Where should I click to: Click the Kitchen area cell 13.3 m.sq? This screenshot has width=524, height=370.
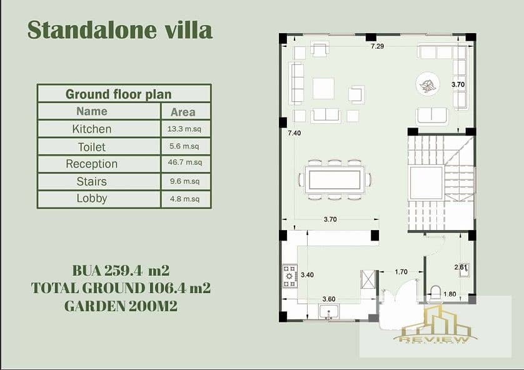(184, 129)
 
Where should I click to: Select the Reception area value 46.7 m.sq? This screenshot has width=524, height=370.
(185, 162)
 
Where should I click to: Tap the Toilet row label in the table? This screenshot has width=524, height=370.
(91, 147)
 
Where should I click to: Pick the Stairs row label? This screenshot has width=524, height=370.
(91, 181)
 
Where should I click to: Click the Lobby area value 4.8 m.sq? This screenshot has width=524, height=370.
(184, 199)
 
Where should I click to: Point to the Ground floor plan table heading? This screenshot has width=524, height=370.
(118, 94)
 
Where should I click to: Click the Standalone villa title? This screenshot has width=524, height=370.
(119, 30)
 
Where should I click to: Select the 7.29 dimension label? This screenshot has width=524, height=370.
(377, 46)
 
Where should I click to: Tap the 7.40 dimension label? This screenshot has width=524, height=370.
(294, 133)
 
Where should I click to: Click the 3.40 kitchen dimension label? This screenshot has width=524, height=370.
(307, 275)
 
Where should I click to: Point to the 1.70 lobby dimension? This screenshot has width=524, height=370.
(401, 272)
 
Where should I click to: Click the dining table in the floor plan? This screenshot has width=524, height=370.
(335, 179)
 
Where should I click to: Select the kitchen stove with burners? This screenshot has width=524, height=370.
(290, 276)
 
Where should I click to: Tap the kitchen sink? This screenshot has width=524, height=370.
(330, 312)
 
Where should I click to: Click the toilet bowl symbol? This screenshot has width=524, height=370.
(435, 292)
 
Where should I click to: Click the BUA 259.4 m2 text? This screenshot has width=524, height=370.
(121, 271)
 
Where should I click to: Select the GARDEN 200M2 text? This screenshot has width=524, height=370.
(121, 306)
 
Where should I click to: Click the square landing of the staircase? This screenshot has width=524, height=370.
(426, 182)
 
